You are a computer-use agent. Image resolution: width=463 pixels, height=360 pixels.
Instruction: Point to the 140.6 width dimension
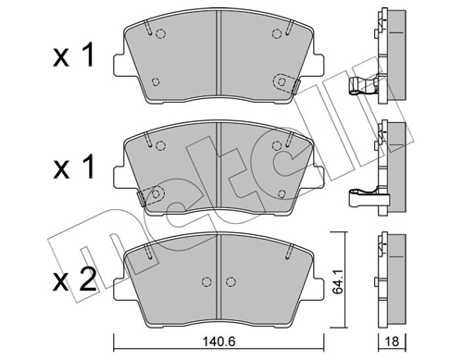[219, 341]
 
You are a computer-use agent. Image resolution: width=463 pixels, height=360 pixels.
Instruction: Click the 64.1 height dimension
[344, 274]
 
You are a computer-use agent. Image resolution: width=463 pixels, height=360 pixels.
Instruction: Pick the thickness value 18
[394, 341]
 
